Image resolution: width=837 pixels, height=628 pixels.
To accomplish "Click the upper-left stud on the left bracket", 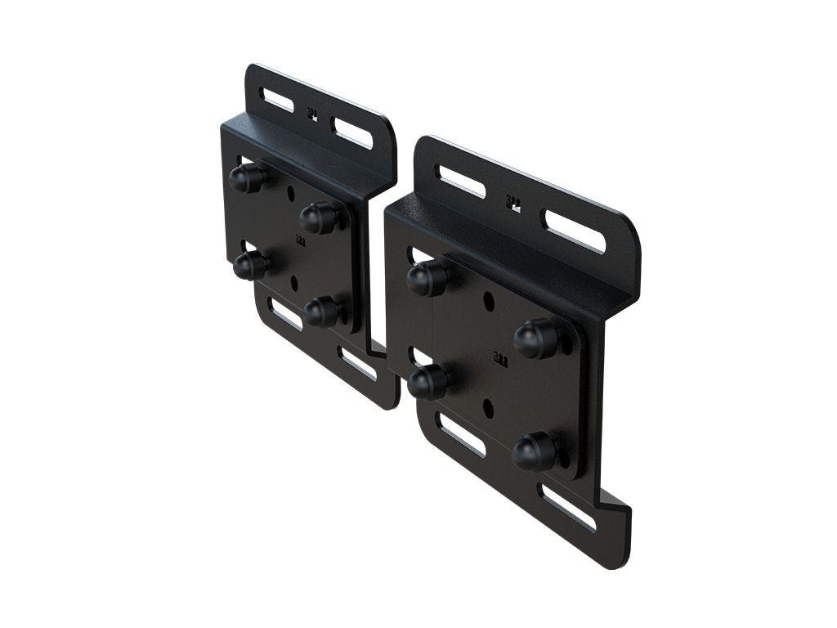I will (244, 178).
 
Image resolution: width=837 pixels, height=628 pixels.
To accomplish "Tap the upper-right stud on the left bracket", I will (318, 218).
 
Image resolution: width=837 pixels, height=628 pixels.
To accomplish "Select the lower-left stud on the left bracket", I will (248, 265).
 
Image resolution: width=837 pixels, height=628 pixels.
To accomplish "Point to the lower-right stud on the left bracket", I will (321, 312).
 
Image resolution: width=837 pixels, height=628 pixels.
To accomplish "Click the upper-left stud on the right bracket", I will (426, 278).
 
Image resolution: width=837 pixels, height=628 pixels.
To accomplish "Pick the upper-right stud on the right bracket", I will (534, 337).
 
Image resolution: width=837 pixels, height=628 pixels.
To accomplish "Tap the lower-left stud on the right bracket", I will (427, 382).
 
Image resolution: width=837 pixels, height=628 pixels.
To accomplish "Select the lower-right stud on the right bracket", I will (534, 451).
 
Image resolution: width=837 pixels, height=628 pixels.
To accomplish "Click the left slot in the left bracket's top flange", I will (279, 101).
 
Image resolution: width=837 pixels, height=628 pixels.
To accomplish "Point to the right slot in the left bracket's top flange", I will (352, 132).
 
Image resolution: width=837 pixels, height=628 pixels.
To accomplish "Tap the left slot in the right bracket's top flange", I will (462, 182).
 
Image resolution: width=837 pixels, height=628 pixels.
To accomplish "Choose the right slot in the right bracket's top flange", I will (575, 231).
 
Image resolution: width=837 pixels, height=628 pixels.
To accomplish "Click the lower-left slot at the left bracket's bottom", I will (286, 316).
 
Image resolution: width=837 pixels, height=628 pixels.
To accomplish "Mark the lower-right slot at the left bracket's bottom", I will (358, 364).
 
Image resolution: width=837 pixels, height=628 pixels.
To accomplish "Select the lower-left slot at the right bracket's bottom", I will (462, 433).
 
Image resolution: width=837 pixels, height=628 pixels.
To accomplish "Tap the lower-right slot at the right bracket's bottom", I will (569, 507).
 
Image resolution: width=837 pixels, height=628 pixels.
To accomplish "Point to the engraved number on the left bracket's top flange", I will (311, 114).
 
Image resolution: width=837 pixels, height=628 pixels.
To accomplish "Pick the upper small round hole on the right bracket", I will (488, 301).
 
